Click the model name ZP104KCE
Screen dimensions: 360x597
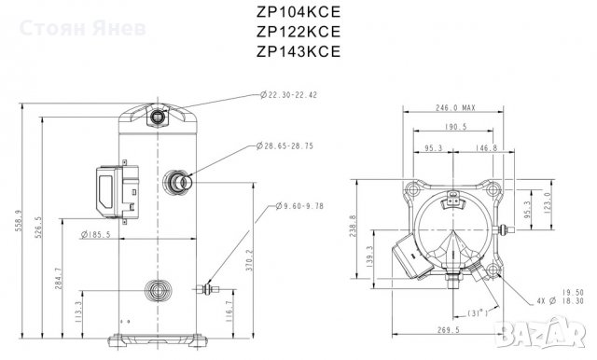(x=297, y=14)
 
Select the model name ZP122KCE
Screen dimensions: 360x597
(x=297, y=33)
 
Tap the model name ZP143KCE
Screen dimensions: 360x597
(x=297, y=51)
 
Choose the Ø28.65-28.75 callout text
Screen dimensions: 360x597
(x=292, y=147)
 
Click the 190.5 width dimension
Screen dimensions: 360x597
(x=458, y=128)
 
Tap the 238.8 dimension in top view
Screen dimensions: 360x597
(x=352, y=228)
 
